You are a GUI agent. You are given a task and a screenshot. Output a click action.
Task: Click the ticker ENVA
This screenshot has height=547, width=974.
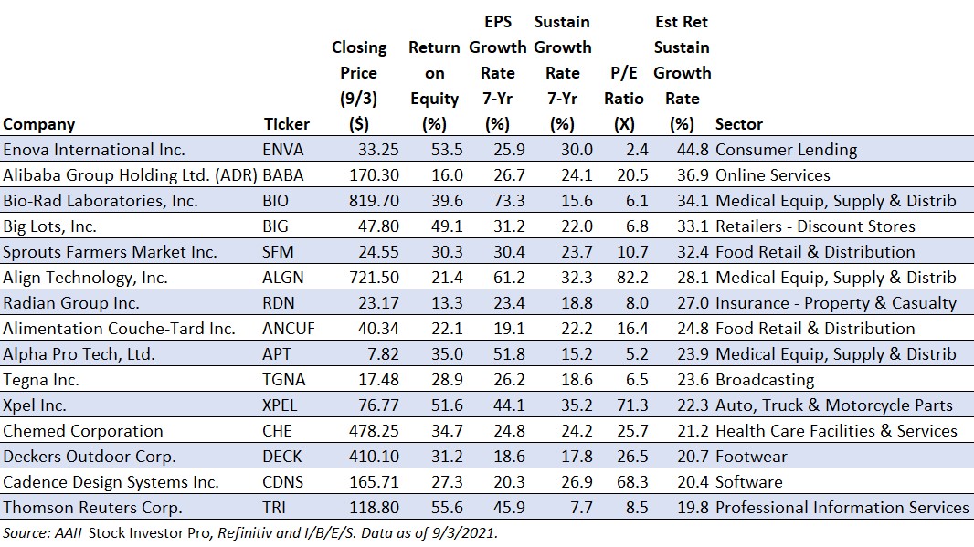click(282, 150)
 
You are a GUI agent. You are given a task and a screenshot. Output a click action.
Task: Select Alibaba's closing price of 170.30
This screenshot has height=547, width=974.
click(374, 175)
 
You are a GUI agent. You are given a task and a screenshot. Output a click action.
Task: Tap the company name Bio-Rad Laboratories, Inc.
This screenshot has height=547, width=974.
click(100, 201)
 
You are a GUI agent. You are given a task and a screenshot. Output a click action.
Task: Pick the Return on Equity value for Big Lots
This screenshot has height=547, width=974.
click(447, 226)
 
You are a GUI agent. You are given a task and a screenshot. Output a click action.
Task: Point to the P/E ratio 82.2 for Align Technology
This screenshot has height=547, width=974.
click(632, 277)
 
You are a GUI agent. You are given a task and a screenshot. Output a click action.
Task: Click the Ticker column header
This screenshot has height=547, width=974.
click(286, 124)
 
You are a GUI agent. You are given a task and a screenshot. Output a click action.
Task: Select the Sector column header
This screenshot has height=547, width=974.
click(738, 124)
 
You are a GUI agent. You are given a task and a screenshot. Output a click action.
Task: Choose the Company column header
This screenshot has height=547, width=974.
click(39, 124)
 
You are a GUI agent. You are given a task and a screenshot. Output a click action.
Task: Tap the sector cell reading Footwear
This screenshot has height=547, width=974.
click(751, 457)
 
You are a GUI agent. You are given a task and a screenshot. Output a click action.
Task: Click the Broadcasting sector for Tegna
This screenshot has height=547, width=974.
click(765, 379)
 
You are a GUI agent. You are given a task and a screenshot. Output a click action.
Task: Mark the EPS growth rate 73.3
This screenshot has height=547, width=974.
click(509, 201)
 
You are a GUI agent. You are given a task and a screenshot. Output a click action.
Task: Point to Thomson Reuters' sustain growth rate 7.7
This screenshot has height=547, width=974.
click(581, 507)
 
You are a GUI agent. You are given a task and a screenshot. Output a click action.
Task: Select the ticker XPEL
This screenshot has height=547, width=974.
click(280, 405)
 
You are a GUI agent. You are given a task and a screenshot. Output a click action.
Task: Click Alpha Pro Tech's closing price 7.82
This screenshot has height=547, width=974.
click(383, 354)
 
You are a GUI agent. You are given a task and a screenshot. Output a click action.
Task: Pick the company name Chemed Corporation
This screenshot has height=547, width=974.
click(82, 431)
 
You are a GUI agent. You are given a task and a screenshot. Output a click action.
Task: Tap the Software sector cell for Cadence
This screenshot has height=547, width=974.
click(749, 482)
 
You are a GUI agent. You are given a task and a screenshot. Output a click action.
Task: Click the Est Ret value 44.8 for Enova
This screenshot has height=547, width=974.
click(693, 150)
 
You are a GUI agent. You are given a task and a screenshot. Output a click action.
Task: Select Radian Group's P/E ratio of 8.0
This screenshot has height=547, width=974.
click(637, 303)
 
